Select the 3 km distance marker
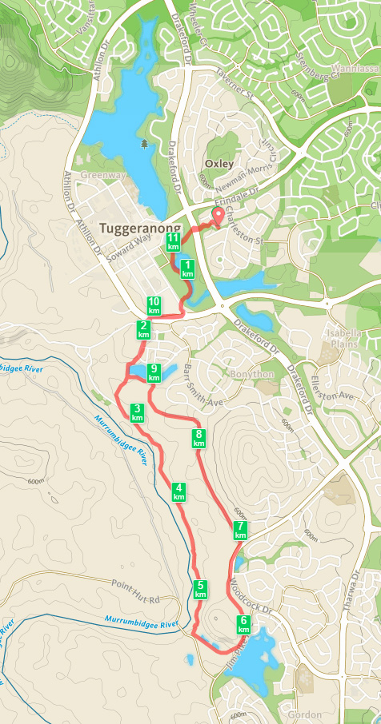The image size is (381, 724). (x=137, y=412)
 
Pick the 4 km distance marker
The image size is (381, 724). (x=179, y=491)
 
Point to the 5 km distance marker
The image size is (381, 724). (x=200, y=590)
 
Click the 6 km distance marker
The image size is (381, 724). (x=243, y=624)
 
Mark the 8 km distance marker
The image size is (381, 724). (x=199, y=438)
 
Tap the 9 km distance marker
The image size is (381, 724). (x=154, y=372)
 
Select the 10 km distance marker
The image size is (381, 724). (x=154, y=305)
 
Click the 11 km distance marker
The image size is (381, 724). (x=173, y=242)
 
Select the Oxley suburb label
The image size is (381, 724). (x=219, y=164)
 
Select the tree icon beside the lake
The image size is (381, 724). (x=144, y=143)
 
